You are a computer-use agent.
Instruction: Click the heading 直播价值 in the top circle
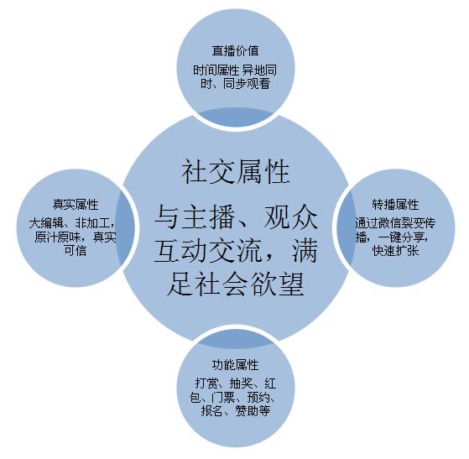[x=236, y=50]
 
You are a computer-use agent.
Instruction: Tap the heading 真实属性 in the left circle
[x=76, y=205]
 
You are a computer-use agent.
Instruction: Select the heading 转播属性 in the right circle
[x=395, y=205]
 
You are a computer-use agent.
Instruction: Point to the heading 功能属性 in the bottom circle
[x=235, y=365]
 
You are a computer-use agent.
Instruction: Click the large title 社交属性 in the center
[x=236, y=171]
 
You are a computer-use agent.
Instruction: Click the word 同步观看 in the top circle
[x=247, y=83]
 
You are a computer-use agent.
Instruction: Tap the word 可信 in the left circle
[x=75, y=250]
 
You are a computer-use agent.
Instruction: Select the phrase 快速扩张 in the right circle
[x=395, y=250]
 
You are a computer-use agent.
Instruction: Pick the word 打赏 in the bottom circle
[x=206, y=383]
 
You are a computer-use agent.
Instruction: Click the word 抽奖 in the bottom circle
[x=241, y=383]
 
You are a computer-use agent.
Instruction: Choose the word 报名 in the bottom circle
[x=212, y=410]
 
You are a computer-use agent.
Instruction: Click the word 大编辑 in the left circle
[x=46, y=223]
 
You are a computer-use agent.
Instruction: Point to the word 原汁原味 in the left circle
[x=58, y=237]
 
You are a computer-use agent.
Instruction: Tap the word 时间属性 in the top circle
[x=216, y=70]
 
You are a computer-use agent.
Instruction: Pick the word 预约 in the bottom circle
[x=258, y=397]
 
